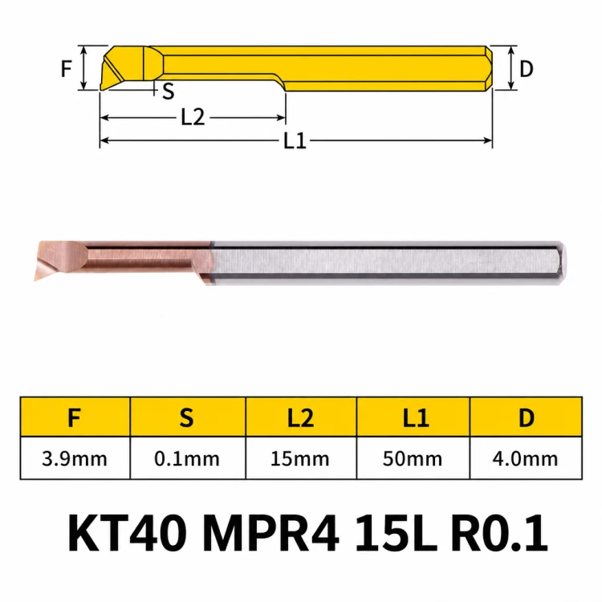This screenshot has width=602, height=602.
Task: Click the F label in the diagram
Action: pyautogui.click(x=67, y=69)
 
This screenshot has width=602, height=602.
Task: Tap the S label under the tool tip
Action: pyautogui.click(x=169, y=92)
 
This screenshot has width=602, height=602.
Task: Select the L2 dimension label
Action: pyautogui.click(x=193, y=117)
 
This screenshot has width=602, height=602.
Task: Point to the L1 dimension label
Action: pyautogui.click(x=295, y=141)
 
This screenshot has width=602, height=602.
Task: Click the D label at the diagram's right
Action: pyautogui.click(x=526, y=69)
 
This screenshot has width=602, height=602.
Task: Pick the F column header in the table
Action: pyautogui.click(x=75, y=417)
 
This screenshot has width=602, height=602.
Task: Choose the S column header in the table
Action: pyautogui.click(x=186, y=417)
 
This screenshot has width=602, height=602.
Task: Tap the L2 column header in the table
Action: pyautogui.click(x=301, y=417)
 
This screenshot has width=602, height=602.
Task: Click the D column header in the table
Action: pyautogui.click(x=527, y=417)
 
